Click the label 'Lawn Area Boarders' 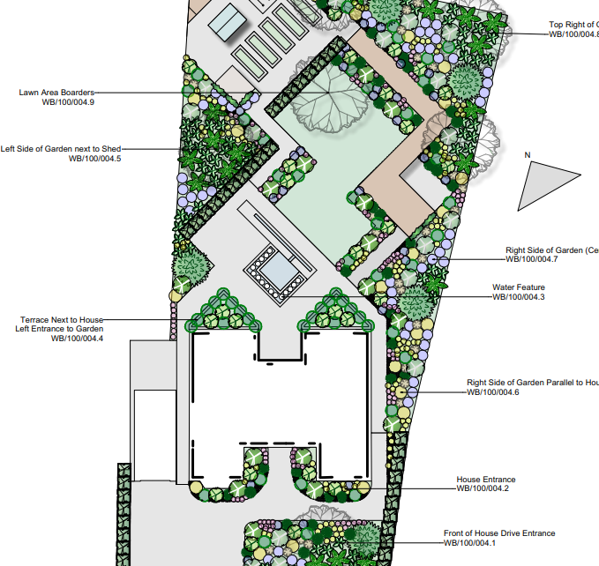pyautogui.click(x=56, y=92)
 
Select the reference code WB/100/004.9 pyautogui.click(x=68, y=102)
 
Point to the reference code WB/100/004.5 pyautogui.click(x=94, y=159)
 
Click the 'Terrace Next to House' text pyautogui.click(x=62, y=319)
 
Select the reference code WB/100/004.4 pyautogui.click(x=77, y=339)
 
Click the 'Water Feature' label pyautogui.click(x=518, y=287)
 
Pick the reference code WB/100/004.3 pyautogui.click(x=518, y=297)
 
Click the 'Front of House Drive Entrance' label pyautogui.click(x=499, y=533)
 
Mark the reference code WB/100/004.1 pyautogui.click(x=469, y=543)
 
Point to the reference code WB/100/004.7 pyautogui.click(x=531, y=259)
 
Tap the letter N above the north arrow pyautogui.click(x=528, y=155)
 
